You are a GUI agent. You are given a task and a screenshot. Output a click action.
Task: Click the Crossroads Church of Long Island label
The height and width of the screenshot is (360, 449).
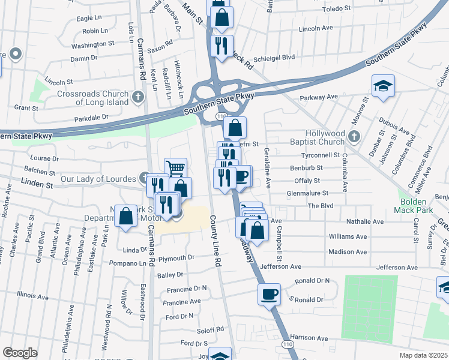(x=93, y=98)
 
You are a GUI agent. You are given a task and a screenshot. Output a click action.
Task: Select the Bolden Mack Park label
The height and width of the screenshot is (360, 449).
(x=414, y=206)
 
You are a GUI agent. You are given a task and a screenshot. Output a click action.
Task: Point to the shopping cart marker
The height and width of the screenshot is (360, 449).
(x=175, y=169)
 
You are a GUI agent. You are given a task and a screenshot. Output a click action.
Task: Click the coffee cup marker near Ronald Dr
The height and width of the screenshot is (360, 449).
(x=270, y=294)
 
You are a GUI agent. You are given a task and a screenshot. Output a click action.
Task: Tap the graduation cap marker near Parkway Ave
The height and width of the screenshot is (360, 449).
(x=382, y=86)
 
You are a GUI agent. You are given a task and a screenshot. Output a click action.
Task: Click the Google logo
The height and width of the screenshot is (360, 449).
(x=20, y=353)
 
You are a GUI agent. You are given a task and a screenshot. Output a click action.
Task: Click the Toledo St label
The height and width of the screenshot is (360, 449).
(x=336, y=8)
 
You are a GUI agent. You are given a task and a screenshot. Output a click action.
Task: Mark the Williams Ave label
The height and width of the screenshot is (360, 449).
(x=348, y=236)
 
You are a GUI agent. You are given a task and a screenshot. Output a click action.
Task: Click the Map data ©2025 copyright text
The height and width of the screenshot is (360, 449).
(x=423, y=355)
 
